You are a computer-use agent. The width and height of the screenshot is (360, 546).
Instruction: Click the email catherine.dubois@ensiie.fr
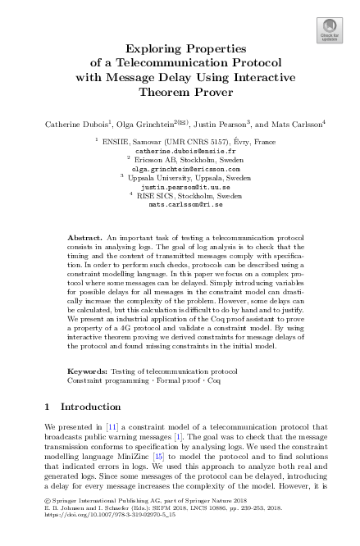click(x=180, y=151)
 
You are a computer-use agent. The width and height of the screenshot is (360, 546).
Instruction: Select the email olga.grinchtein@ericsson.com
click(x=180, y=168)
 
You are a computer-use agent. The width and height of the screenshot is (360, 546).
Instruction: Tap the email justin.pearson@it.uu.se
click(x=180, y=186)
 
